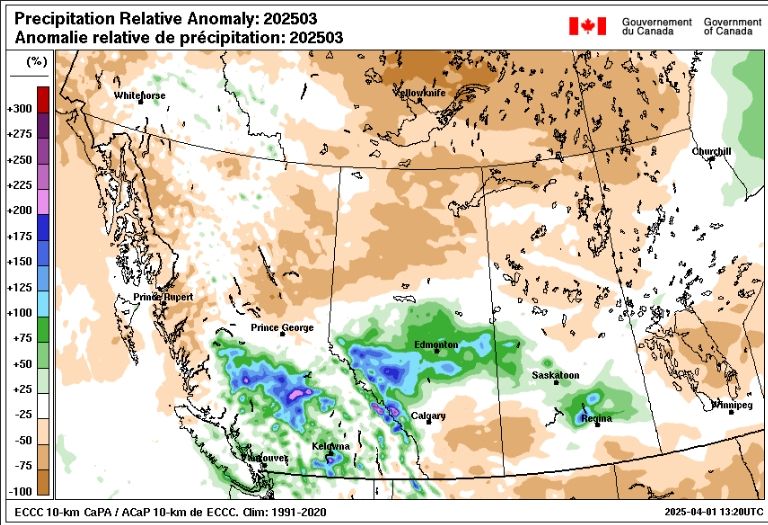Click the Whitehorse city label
[x=140, y=96]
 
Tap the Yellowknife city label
[x=423, y=93]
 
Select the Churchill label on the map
[x=711, y=152]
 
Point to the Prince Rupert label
[x=163, y=298]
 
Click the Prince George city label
[x=282, y=328]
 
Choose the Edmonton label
[x=436, y=344]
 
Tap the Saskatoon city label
[x=555, y=375]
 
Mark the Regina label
[x=596, y=419]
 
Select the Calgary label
[x=428, y=415]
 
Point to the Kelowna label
[x=329, y=445]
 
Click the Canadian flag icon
[x=587, y=26]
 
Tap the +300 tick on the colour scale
[x=20, y=108]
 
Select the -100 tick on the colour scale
[x=20, y=492]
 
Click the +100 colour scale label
[x=20, y=313]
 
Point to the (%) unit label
[x=37, y=62]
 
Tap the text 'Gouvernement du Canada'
[x=656, y=26]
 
